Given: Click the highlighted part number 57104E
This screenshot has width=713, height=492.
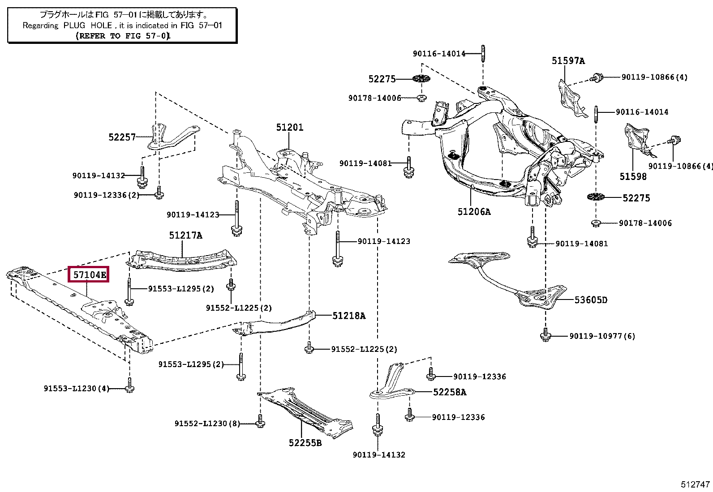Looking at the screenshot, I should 90,274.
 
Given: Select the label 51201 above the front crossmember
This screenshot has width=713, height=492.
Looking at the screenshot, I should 289,128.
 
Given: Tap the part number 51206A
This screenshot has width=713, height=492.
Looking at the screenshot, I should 474,212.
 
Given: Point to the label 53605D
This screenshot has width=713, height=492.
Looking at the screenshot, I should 591,300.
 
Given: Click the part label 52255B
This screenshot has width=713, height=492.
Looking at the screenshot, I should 305,443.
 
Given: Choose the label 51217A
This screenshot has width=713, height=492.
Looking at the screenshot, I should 185,235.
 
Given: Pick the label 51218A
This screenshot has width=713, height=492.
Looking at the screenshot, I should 348,316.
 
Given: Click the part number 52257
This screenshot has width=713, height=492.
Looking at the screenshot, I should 122,137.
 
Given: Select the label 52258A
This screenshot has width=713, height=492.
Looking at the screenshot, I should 449,392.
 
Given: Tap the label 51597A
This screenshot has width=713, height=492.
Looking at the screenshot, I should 568,60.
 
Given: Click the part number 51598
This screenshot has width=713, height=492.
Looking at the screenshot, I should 633,176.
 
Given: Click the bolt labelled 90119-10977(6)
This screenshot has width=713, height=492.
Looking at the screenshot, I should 545,335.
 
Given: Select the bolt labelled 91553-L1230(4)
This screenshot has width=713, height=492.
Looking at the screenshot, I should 129,387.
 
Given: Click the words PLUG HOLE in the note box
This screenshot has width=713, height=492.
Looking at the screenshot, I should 88,26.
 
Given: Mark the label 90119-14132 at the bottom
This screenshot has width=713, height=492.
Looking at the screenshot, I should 378,455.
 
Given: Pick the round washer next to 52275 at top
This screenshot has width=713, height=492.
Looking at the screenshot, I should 421,79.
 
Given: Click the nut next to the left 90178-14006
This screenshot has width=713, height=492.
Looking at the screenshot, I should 421,98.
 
